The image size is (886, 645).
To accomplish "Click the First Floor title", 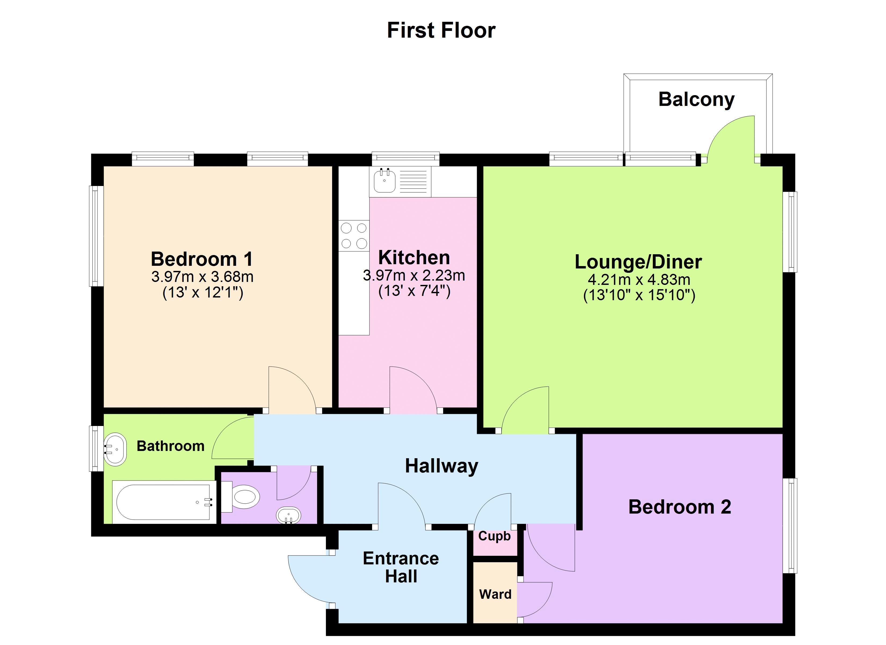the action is tap(441, 31).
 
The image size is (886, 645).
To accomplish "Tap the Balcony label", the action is tap(696, 99).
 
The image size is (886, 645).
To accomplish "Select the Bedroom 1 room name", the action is tap(202, 259).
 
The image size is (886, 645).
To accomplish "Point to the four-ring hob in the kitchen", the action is tap(354, 236).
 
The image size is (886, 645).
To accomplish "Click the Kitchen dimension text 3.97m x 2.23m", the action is tap(414, 275).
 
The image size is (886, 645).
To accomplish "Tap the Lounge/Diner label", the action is tap(638, 262).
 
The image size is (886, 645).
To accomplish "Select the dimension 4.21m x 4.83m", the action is tap(639, 280).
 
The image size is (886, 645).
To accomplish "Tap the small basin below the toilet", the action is tap(288, 515).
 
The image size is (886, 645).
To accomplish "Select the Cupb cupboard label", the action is tap(494, 536).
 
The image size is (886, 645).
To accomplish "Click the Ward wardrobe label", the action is tap(495, 594).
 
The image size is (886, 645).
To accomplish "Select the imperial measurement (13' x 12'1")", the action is tap(203, 293).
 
